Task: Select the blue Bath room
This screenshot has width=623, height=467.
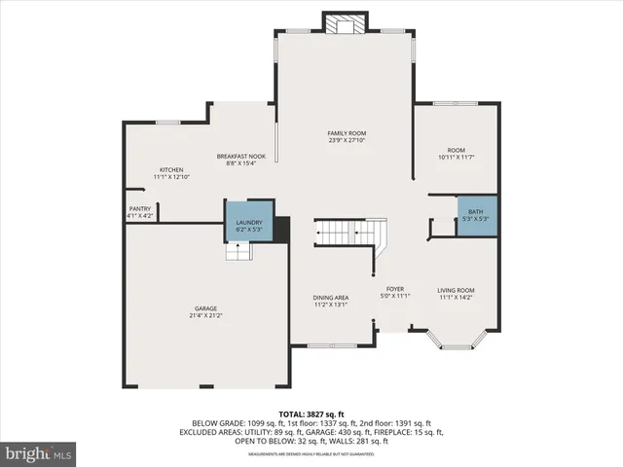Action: point(476,215)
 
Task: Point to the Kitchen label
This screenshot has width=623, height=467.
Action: point(171,170)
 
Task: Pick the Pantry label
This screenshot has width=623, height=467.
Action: point(139,208)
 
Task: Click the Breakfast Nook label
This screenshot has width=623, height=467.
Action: point(240,156)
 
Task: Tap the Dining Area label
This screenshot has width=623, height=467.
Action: point(330,298)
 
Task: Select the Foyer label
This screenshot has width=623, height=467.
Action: point(394,289)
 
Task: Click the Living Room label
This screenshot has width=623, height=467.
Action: point(455,290)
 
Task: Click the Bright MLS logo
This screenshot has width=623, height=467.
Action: point(39,453)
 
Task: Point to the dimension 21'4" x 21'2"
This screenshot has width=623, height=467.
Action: point(204,316)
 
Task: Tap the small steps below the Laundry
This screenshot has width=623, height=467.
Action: point(238,251)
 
